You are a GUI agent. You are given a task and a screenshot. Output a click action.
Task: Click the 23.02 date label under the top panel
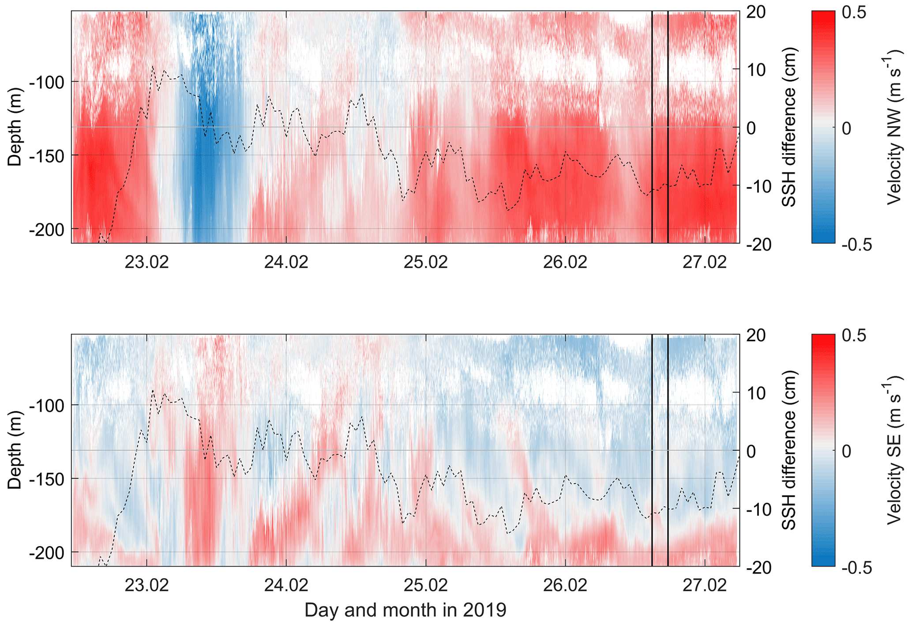coord(146,262)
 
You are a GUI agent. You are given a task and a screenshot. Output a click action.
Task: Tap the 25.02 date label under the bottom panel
coord(426,586)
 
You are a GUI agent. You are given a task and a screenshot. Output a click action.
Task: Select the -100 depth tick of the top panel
coord(47,82)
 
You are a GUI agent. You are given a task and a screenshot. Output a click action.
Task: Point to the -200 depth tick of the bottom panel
coord(47,552)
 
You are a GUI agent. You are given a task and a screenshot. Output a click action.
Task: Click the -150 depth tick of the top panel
coord(47,155)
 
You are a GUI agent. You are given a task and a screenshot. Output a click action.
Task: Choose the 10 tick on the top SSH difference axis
coord(755,70)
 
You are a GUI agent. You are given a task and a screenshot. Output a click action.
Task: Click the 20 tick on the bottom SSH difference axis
coord(756,336)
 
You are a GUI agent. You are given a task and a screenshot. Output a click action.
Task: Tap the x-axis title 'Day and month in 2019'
coord(405,611)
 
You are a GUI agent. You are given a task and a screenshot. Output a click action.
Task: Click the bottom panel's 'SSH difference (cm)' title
coord(788,450)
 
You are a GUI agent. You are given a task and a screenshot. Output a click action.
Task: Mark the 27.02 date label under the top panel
coord(705,262)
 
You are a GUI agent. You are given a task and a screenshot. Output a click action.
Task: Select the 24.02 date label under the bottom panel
coord(286,586)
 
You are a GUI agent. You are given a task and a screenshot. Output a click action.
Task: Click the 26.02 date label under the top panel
coord(565,262)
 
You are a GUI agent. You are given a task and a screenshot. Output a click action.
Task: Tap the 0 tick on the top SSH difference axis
coord(751,128)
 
